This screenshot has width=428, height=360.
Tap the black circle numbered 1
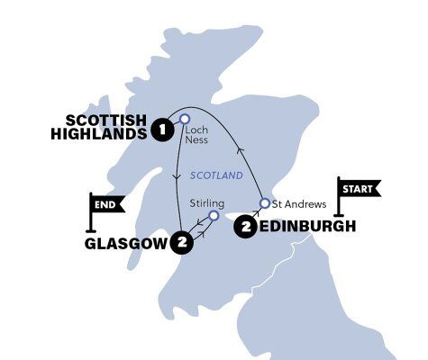[x=163, y=128]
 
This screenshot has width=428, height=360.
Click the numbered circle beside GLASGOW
[x=182, y=242]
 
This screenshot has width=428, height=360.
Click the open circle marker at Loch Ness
[x=184, y=118]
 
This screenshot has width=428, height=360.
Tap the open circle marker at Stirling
[x=214, y=216]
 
